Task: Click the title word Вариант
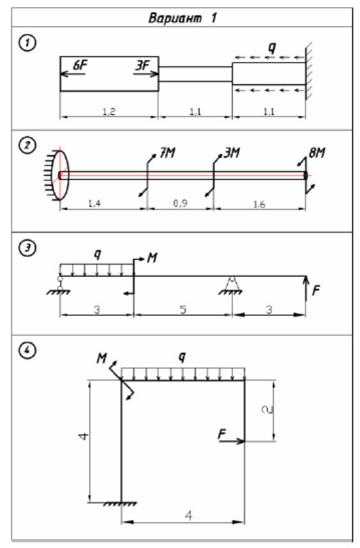pos(175,17)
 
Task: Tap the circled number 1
pos(27,43)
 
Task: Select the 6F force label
pos(81,65)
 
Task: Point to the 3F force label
pos(143,65)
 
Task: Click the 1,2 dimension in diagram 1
pos(109,111)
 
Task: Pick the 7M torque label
pos(168,152)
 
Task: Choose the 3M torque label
pos(232,152)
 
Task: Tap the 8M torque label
pos(317,152)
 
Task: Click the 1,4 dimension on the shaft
pos(95,203)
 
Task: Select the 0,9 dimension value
pos(180,203)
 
